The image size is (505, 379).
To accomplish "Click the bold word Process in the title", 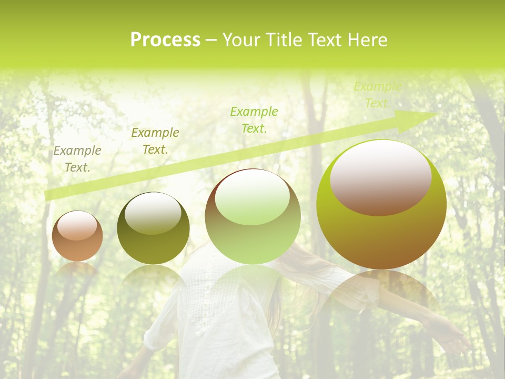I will click(x=165, y=40).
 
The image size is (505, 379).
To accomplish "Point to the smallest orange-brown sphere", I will click(x=77, y=236).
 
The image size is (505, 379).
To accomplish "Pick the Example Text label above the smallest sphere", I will click(x=77, y=159).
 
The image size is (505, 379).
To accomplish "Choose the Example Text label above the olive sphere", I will click(x=155, y=141).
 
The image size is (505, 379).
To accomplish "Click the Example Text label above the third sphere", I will click(x=254, y=119).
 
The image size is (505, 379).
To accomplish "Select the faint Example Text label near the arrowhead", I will click(x=377, y=95).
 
